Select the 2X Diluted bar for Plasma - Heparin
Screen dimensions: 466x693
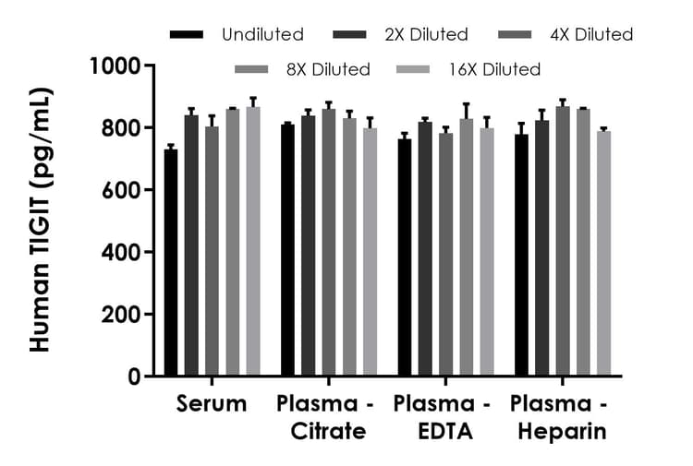pyautogui.click(x=542, y=248)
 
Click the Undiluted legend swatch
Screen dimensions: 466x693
pyautogui.click(x=187, y=35)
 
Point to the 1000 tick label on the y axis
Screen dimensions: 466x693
pyautogui.click(x=115, y=66)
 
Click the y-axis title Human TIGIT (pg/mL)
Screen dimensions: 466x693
pyautogui.click(x=41, y=221)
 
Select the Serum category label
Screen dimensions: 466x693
pyautogui.click(x=212, y=404)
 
